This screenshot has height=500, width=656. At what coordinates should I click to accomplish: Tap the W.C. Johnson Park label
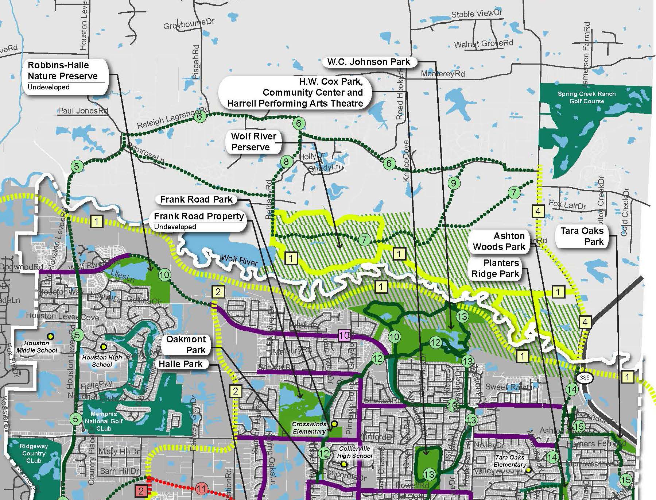[x=369, y=62]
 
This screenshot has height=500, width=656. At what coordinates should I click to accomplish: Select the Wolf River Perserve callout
[x=254, y=142]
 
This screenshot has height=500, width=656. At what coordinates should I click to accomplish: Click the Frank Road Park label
[x=196, y=199]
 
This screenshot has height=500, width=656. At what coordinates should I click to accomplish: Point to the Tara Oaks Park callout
[x=582, y=236]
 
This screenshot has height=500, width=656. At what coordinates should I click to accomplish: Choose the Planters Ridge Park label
[x=495, y=268]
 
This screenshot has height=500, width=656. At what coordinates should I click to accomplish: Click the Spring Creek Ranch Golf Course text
[x=586, y=97]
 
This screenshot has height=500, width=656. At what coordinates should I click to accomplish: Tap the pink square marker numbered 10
[x=344, y=335]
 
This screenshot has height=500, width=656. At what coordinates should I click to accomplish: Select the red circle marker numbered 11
[x=201, y=488]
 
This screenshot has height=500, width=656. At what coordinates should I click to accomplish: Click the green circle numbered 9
[x=454, y=183]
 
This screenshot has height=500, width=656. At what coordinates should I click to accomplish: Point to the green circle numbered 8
[x=286, y=161]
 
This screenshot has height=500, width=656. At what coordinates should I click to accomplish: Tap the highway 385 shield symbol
[x=584, y=378]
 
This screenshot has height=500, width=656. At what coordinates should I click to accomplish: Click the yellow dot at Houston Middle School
[x=51, y=336]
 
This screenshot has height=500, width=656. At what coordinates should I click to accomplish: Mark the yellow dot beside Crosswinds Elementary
[x=334, y=424]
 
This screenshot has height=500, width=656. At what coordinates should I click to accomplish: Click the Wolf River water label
[x=239, y=260]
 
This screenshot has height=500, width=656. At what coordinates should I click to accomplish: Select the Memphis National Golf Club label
[x=104, y=421]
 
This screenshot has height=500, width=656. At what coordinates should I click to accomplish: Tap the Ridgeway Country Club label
[x=34, y=453]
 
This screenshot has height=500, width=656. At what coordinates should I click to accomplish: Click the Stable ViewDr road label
[x=477, y=14]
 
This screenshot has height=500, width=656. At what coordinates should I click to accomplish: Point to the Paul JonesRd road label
[x=83, y=111]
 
